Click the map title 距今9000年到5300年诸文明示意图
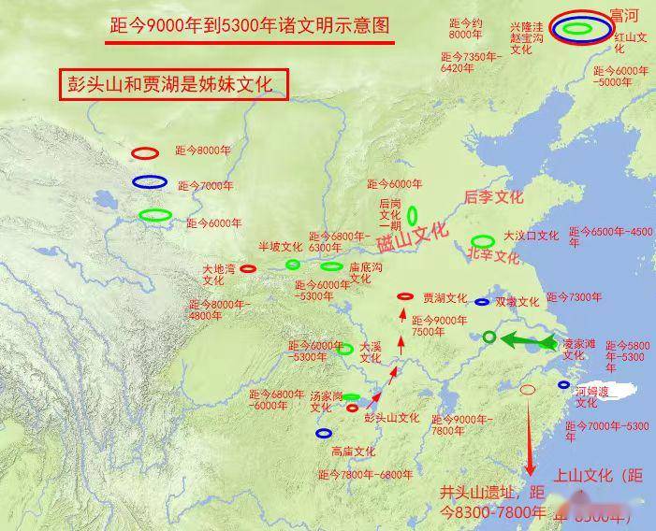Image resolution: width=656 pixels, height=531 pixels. [x=249, y=26]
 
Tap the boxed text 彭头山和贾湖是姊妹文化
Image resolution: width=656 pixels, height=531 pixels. [x=169, y=84]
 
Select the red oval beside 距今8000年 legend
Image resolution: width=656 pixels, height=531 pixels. [x=145, y=152]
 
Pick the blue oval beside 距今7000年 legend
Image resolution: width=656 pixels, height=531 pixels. [x=149, y=182]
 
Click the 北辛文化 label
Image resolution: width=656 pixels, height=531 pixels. [x=493, y=255]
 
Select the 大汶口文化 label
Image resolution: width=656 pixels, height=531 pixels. [x=531, y=237]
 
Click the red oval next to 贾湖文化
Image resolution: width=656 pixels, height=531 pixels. [x=405, y=296]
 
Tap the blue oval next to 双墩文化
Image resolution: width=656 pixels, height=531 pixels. [x=482, y=302]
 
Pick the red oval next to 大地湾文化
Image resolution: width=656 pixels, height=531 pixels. [x=248, y=268]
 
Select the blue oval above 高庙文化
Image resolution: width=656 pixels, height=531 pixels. [x=325, y=433]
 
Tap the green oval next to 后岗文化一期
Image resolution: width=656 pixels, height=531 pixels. [x=413, y=215]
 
